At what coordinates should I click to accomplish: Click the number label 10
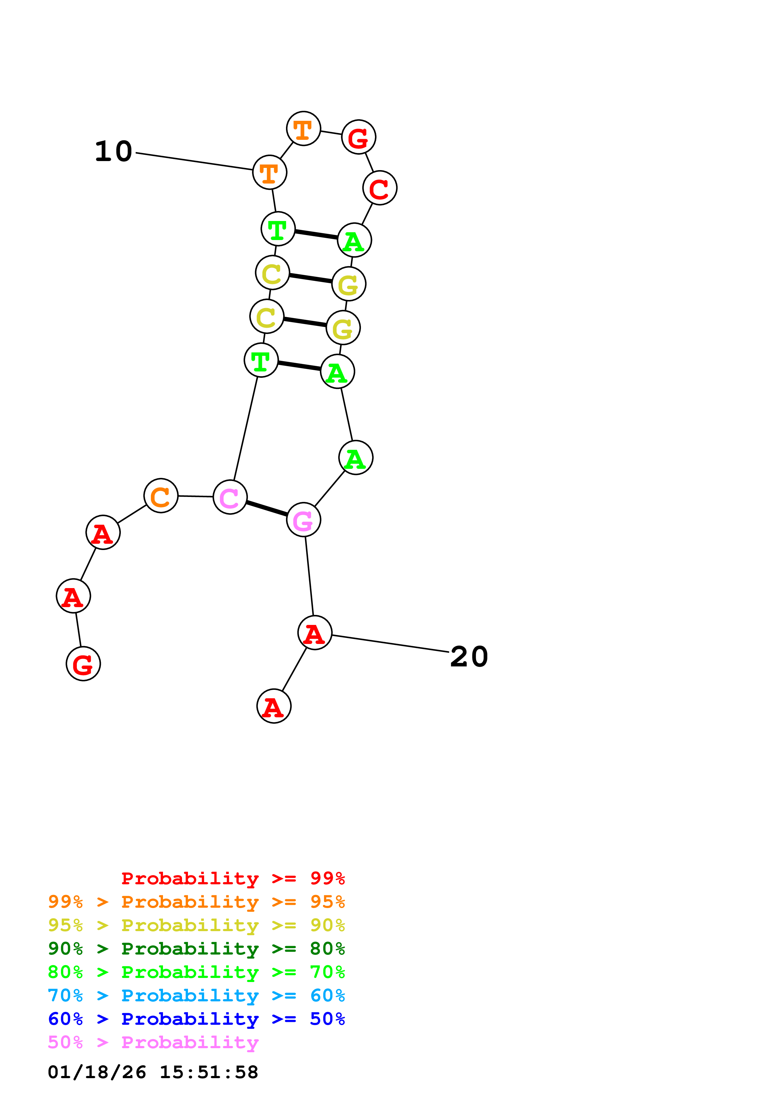pyautogui.click(x=114, y=152)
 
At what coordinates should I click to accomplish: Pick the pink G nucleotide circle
pyautogui.click(x=303, y=519)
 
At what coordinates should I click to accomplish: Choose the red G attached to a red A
pyautogui.click(x=83, y=664)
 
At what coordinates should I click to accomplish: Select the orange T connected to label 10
pyautogui.click(x=269, y=172)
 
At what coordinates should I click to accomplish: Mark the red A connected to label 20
pyautogui.click(x=314, y=633)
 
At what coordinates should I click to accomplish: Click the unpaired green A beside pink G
pyautogui.click(x=355, y=458)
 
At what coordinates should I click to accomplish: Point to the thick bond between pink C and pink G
pyautogui.click(x=267, y=508)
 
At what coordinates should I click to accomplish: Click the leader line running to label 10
pyautogui.click(x=194, y=161)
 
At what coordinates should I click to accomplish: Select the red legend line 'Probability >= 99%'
pyautogui.click(x=233, y=878)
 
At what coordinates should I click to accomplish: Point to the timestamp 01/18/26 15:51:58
pyautogui.click(x=153, y=1072)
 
